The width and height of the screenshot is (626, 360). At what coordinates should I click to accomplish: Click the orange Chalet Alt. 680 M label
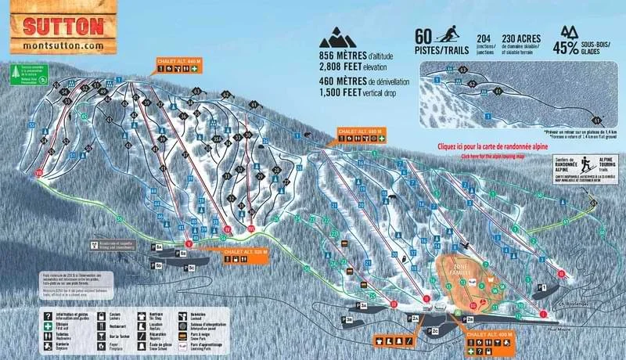tap(360, 131)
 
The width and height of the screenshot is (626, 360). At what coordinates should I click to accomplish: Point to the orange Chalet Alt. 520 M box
tap(245, 253)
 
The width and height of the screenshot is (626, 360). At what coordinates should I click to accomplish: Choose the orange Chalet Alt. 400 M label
tap(490, 334)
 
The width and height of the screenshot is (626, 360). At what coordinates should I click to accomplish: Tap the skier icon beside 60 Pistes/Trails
tap(448, 35)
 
